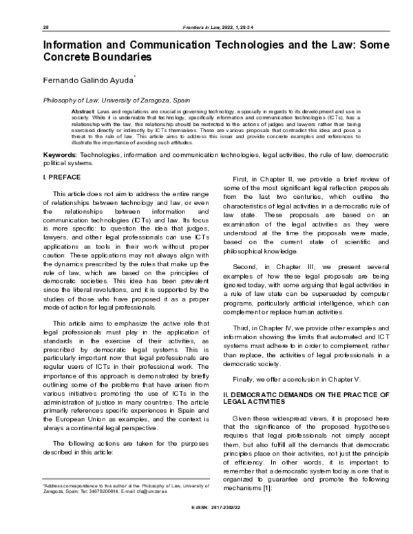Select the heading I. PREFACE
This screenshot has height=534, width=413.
(62, 178)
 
